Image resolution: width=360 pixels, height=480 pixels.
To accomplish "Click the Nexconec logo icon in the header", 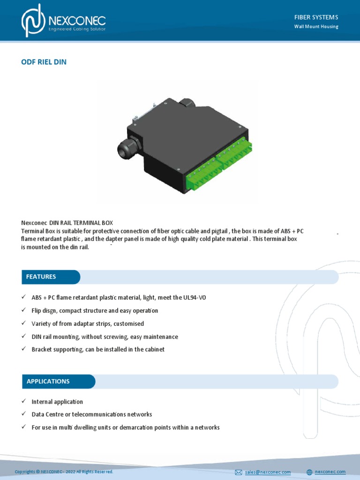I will tap(33, 21).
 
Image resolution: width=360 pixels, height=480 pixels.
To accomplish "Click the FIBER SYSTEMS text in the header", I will tap(316, 17).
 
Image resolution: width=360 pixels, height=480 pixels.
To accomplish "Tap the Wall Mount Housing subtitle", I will tap(316, 27).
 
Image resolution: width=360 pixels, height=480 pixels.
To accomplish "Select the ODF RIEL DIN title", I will tap(44, 62).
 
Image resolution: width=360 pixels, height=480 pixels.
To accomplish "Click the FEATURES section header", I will tap(41, 277).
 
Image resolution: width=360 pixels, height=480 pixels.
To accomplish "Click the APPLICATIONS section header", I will tap(48, 382).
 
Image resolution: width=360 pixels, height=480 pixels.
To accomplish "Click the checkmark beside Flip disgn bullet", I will tap(24, 310).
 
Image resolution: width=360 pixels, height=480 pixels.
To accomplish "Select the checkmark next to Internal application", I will tap(24, 402).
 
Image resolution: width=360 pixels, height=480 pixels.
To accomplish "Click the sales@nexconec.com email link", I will tap(267, 472).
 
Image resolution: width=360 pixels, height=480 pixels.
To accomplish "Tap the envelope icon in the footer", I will tap(239, 472).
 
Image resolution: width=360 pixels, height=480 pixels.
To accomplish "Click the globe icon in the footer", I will tap(309, 472).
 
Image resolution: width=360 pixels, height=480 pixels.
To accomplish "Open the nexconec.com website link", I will tap(330, 472).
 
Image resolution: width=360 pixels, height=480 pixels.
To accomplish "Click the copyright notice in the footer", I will tap(64, 472).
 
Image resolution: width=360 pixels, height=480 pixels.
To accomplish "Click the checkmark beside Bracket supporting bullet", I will tap(24, 350).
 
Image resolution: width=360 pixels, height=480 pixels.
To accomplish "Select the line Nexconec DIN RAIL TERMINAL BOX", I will tap(67, 223).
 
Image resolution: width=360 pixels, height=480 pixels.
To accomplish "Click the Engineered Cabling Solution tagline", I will tap(77, 29).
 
